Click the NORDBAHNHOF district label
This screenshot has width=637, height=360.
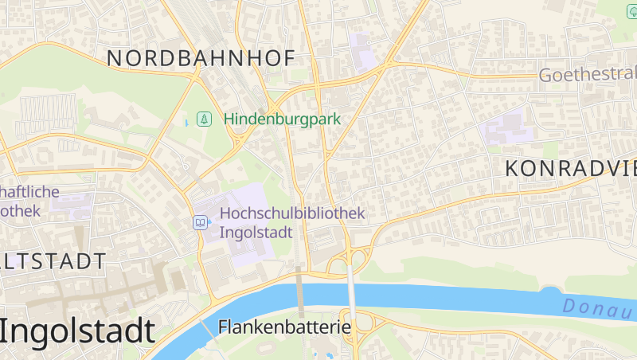(201, 58)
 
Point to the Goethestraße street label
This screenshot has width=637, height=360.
(588, 75)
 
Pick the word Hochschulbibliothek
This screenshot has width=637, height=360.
(291, 213)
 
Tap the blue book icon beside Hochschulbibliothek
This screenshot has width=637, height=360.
(201, 223)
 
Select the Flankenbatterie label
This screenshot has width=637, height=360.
(284, 327)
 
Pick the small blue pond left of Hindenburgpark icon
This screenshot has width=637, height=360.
(187, 122)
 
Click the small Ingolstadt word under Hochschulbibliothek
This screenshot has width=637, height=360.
(256, 233)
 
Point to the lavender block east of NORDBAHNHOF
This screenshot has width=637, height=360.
(364, 51)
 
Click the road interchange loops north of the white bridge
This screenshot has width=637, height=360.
(350, 256)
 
